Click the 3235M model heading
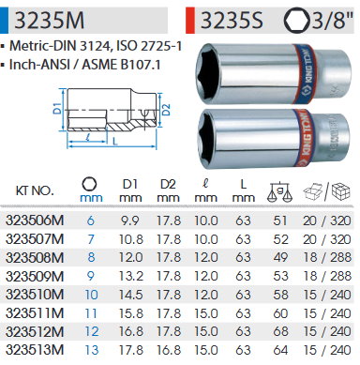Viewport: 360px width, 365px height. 50,21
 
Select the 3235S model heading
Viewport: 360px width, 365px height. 232,21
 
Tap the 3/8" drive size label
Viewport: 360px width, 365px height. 333,21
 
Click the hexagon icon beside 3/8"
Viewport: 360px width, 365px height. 296,20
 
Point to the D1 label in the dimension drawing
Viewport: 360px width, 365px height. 56,108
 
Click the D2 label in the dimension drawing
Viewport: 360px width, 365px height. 166,110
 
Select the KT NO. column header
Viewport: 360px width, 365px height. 35,190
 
